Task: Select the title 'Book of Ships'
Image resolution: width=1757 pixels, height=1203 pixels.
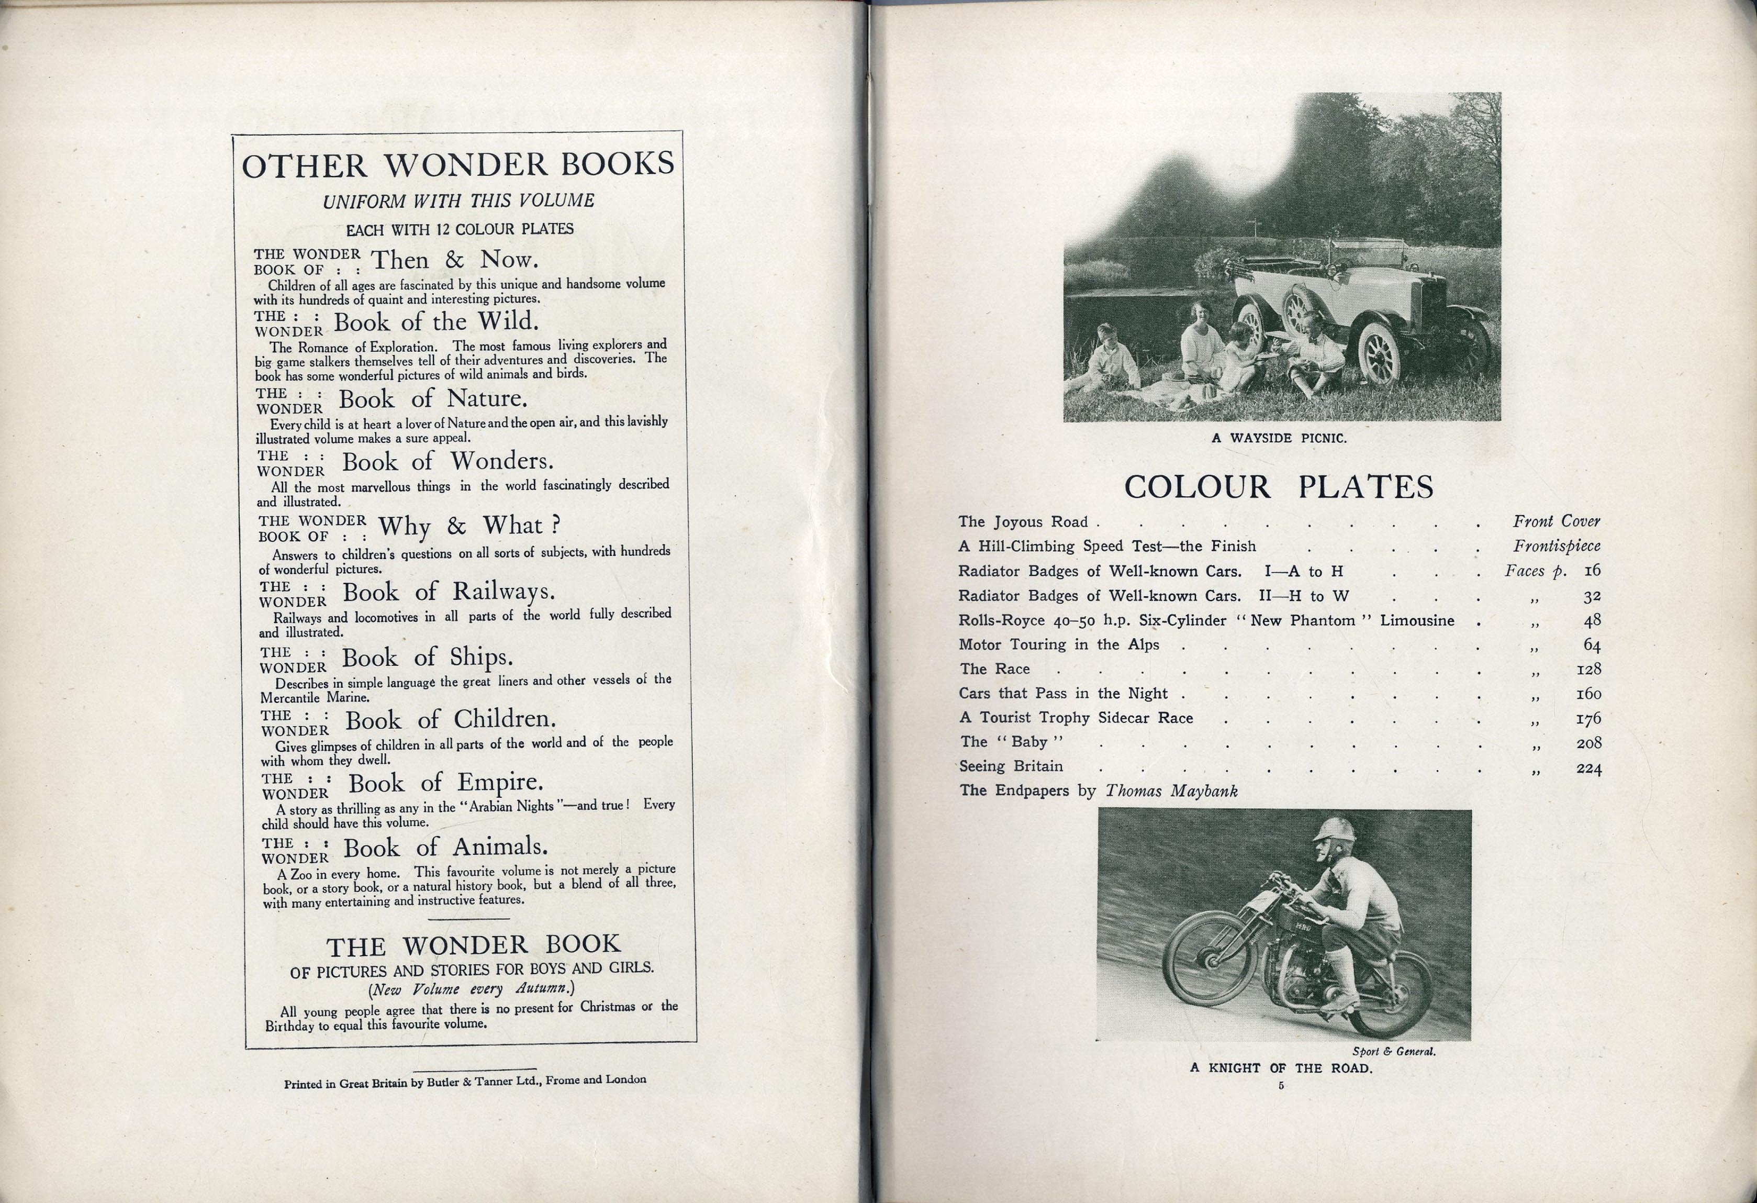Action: tap(427, 657)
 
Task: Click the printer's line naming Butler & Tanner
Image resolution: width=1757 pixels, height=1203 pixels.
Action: tap(464, 1081)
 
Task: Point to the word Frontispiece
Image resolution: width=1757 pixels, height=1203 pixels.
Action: tap(1556, 546)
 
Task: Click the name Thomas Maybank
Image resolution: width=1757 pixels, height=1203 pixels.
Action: tap(1171, 791)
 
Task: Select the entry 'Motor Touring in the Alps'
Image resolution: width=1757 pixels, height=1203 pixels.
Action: tap(1058, 645)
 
